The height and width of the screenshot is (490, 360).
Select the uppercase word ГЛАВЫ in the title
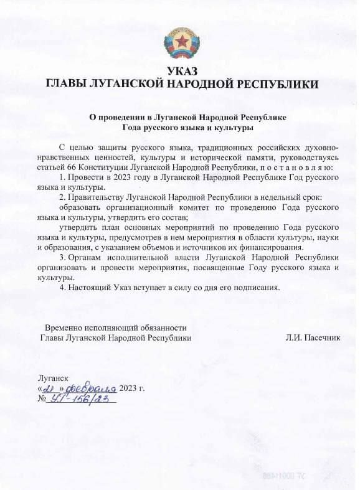point(69,84)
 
